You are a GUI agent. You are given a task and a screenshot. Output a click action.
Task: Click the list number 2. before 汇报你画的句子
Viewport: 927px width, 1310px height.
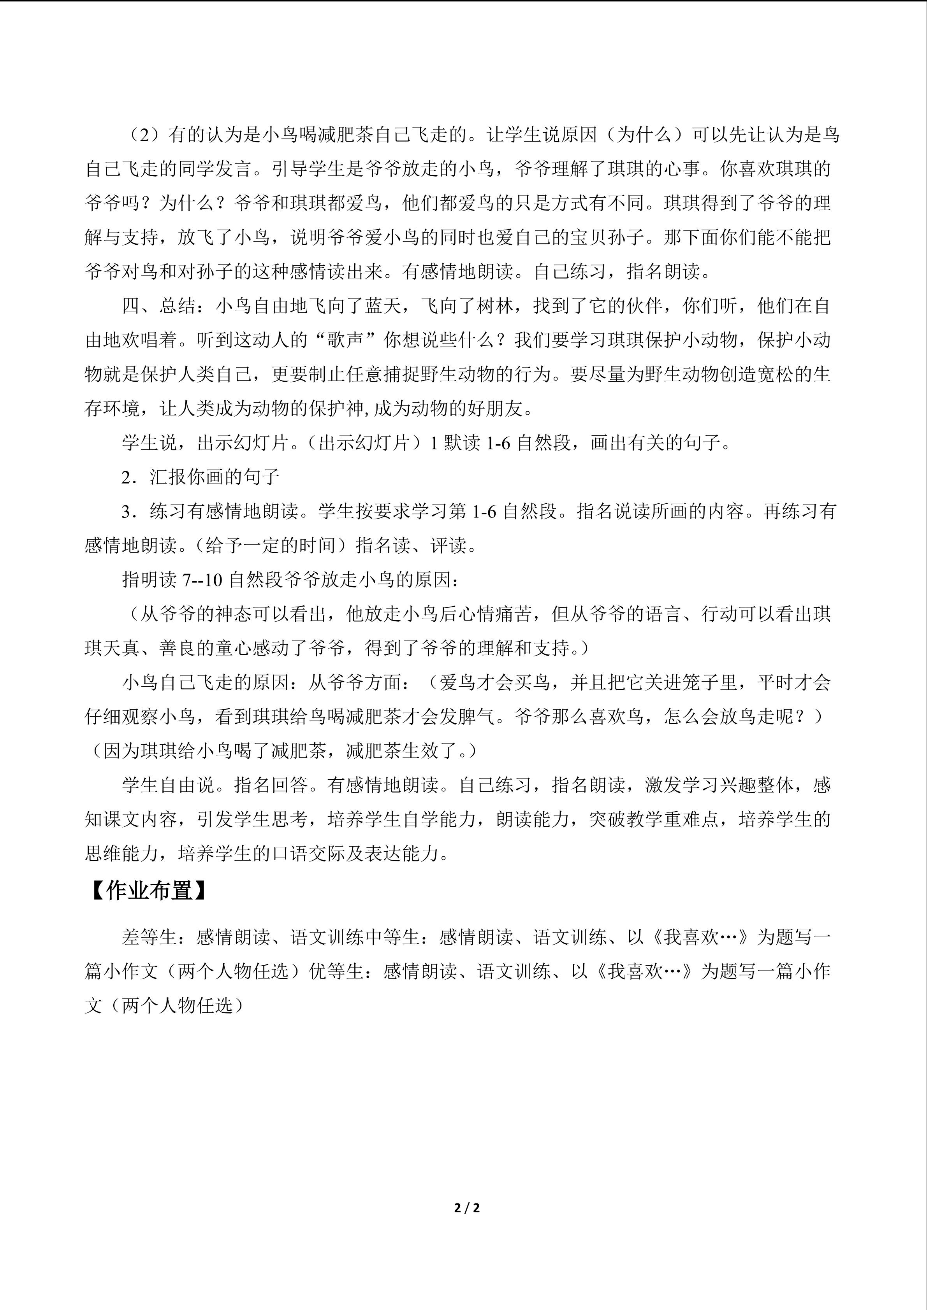point(129,477)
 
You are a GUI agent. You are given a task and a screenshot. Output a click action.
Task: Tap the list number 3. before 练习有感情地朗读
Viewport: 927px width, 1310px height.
point(129,511)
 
